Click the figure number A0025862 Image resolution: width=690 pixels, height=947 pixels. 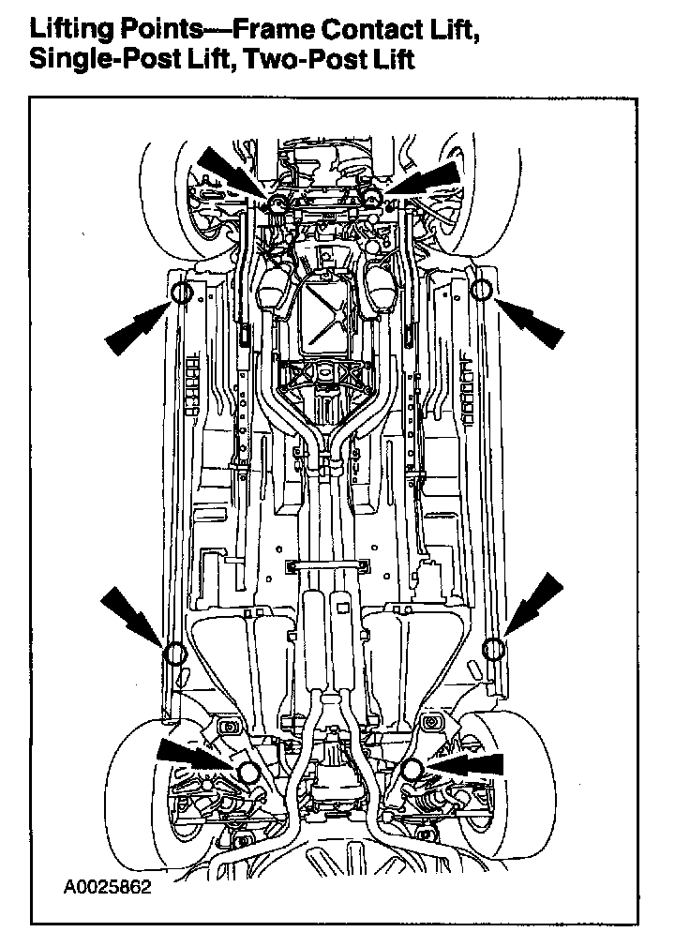point(108,885)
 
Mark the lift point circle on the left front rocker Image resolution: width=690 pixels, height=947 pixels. point(182,292)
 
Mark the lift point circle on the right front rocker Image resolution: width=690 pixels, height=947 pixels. point(481,290)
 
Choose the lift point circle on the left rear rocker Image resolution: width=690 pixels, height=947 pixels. point(172,653)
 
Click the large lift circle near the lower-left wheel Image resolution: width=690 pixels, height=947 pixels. point(247,772)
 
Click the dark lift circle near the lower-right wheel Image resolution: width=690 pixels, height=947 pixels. point(412,769)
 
